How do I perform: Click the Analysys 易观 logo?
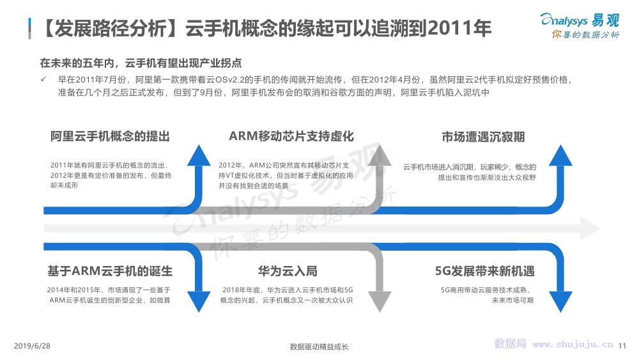[580, 26]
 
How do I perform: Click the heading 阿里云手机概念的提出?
[110, 136]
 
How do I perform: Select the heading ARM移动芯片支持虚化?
[291, 136]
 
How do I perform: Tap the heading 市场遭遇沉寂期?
[483, 137]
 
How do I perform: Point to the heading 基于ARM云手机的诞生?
[110, 271]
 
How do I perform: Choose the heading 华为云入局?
[288, 271]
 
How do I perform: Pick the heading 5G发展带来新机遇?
[485, 271]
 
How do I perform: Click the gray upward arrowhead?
[380, 155]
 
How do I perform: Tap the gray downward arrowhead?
[380, 302]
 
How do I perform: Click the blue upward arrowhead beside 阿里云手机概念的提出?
[199, 155]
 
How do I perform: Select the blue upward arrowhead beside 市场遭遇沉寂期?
[561, 155]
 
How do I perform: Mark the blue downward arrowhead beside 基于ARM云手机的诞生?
[199, 302]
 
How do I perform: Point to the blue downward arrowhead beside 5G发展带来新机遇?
[561, 302]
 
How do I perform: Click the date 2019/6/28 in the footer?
[32, 346]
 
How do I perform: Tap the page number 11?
[622, 346]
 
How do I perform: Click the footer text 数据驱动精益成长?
[319, 347]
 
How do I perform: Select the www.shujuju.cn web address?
[573, 345]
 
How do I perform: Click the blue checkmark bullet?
[43, 79]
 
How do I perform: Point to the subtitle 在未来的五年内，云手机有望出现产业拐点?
[141, 63]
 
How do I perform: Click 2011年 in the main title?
[459, 29]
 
